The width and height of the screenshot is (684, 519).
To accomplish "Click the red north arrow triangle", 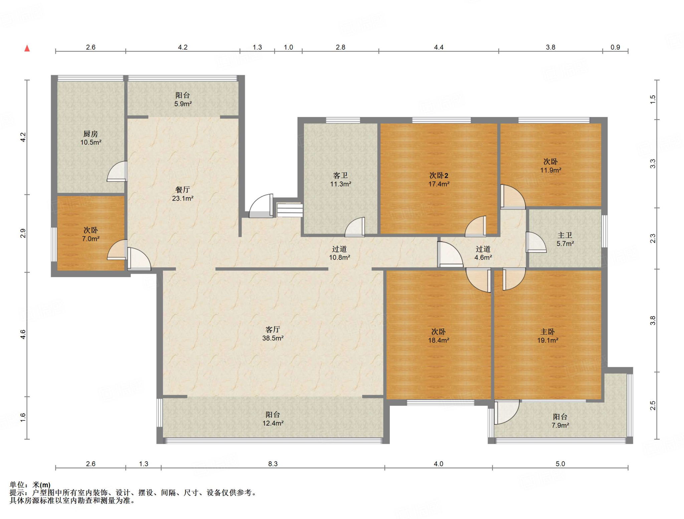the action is pyautogui.click(x=27, y=48).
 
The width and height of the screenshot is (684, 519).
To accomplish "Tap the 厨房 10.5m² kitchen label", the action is pyautogui.click(x=91, y=138).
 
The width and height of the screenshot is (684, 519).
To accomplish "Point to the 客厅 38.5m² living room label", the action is pyautogui.click(x=273, y=334).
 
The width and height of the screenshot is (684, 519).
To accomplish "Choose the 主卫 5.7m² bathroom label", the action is pyautogui.click(x=565, y=240).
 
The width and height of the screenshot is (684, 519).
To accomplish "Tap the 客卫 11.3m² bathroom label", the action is pyautogui.click(x=341, y=180).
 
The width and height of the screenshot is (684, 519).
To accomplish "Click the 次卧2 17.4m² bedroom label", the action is pyautogui.click(x=439, y=180).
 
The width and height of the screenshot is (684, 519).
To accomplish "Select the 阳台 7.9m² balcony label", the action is pyautogui.click(x=560, y=421).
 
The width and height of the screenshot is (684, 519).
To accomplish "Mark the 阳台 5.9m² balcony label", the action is pyautogui.click(x=183, y=100).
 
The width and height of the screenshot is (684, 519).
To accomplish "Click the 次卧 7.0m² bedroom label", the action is pyautogui.click(x=91, y=235).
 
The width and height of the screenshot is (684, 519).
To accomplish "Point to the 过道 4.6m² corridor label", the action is pyautogui.click(x=483, y=253).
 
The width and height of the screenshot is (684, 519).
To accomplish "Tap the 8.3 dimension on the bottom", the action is pyautogui.click(x=273, y=464).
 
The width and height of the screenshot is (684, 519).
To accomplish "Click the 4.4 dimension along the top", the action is pyautogui.click(x=439, y=47).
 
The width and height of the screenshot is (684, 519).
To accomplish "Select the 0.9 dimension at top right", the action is pyautogui.click(x=615, y=47).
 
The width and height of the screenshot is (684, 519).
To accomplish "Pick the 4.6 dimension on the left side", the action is pyautogui.click(x=23, y=335).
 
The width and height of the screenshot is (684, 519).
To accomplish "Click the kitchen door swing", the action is pyautogui.click(x=117, y=171).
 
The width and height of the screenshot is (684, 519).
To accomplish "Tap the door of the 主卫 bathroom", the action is pyautogui.click(x=536, y=242).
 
